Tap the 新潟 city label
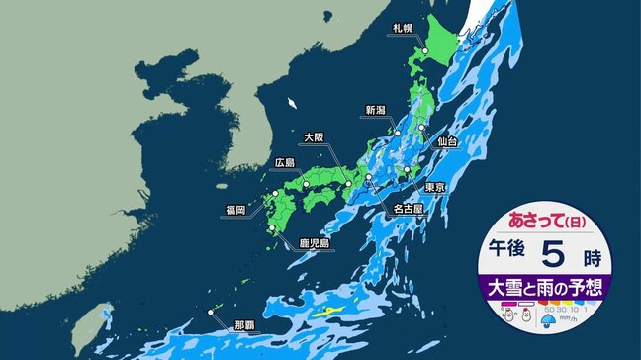[376, 110]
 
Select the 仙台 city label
[446, 143]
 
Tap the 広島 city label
[283, 162]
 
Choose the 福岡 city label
[236, 209]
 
